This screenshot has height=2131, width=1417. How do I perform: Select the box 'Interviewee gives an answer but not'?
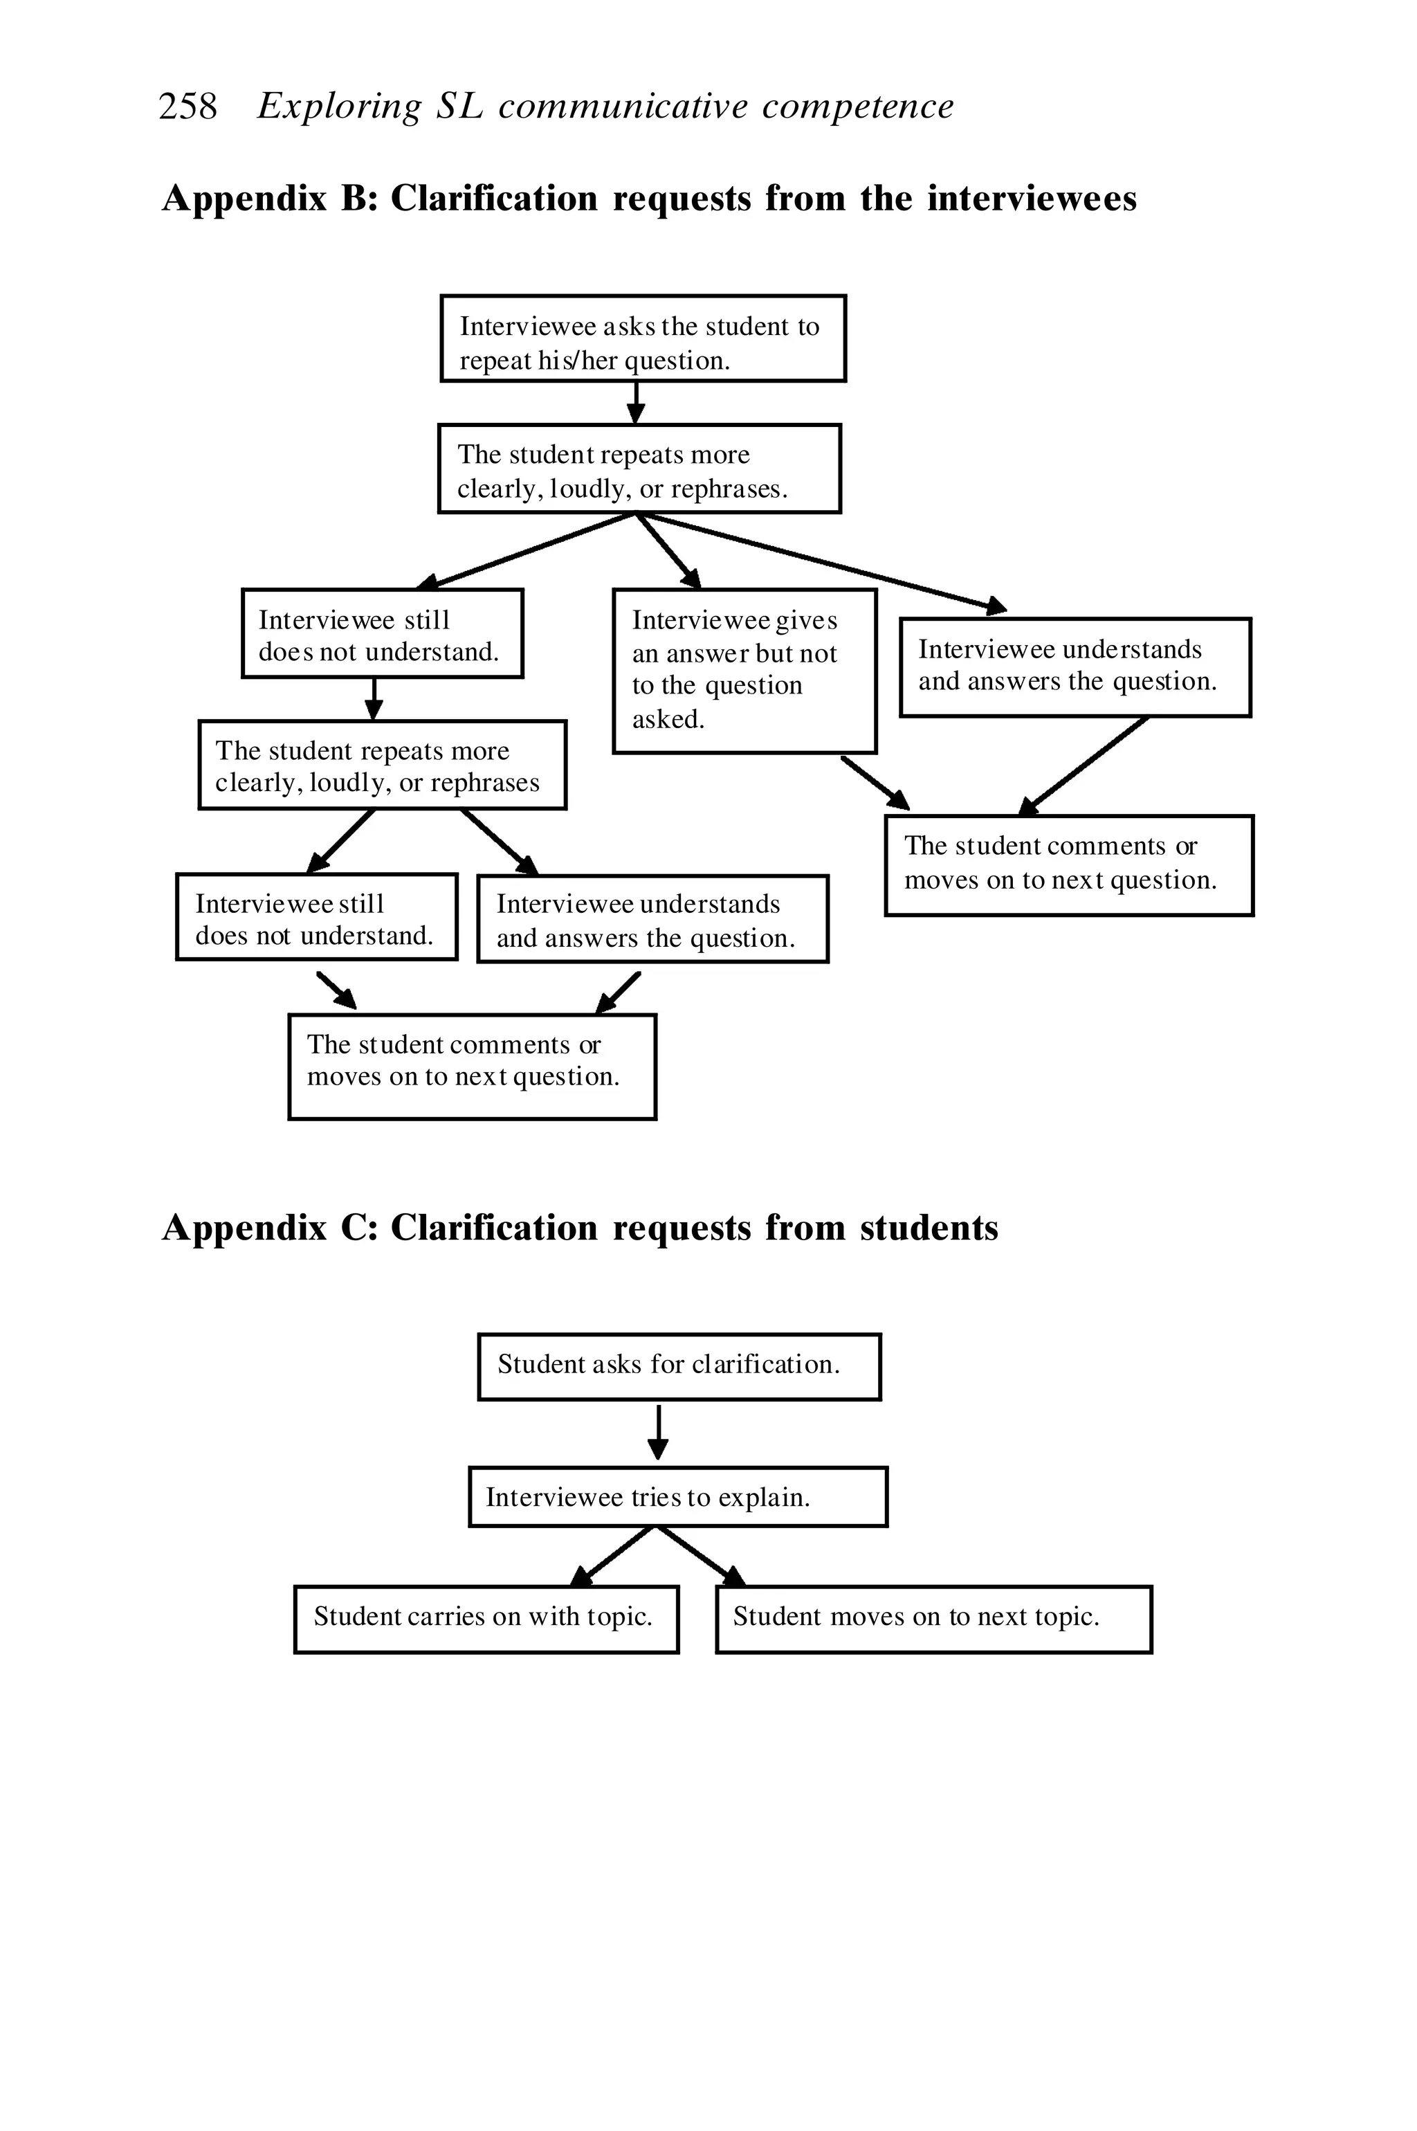[x=744, y=671]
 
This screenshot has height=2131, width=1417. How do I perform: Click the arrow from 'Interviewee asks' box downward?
[x=637, y=402]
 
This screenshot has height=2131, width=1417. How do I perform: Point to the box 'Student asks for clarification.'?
[x=679, y=1366]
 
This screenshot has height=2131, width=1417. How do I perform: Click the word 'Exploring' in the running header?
[x=339, y=107]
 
